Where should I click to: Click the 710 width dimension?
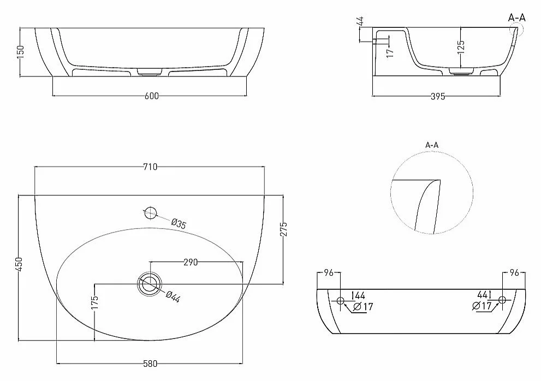coord(150,166)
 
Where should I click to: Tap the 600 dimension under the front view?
coord(151,96)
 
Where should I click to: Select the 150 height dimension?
coord(21,52)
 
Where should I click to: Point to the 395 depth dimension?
coord(438,96)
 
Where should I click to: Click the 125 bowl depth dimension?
coord(461,47)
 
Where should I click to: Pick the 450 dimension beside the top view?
coord(19,264)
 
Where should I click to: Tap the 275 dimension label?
coord(284,229)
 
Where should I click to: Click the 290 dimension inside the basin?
coord(191,263)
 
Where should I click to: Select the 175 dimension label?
coord(95,302)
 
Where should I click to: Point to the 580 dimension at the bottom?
coord(150,364)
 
